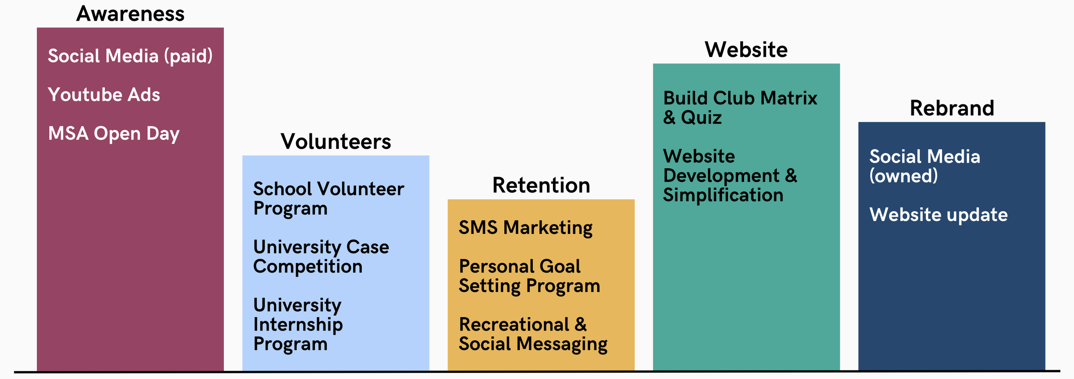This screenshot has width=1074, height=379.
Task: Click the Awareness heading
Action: (x=130, y=14)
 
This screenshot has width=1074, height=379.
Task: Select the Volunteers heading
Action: (x=336, y=142)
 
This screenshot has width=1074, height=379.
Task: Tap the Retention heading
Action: (x=541, y=185)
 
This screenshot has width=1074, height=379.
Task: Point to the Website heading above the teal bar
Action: (x=746, y=50)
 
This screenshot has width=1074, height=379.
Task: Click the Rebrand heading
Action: (x=952, y=108)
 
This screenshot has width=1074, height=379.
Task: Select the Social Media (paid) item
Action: (x=130, y=56)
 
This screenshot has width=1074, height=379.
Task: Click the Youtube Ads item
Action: (x=104, y=95)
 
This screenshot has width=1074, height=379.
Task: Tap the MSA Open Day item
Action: (x=114, y=133)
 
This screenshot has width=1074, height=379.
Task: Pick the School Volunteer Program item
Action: (x=329, y=198)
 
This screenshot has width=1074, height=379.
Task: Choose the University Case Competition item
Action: (x=321, y=257)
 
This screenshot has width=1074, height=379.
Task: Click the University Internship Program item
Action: (x=298, y=324)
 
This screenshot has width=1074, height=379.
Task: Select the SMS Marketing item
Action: (x=525, y=228)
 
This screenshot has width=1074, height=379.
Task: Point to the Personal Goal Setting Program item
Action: (x=529, y=276)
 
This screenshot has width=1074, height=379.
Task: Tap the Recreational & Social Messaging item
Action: (x=533, y=334)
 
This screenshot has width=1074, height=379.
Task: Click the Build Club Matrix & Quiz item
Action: (x=740, y=108)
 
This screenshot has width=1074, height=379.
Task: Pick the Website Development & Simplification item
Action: (x=730, y=176)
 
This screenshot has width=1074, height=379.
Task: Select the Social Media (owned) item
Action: (x=924, y=166)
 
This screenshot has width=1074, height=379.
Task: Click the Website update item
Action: (x=938, y=215)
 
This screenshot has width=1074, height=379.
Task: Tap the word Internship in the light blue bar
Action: (x=298, y=324)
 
